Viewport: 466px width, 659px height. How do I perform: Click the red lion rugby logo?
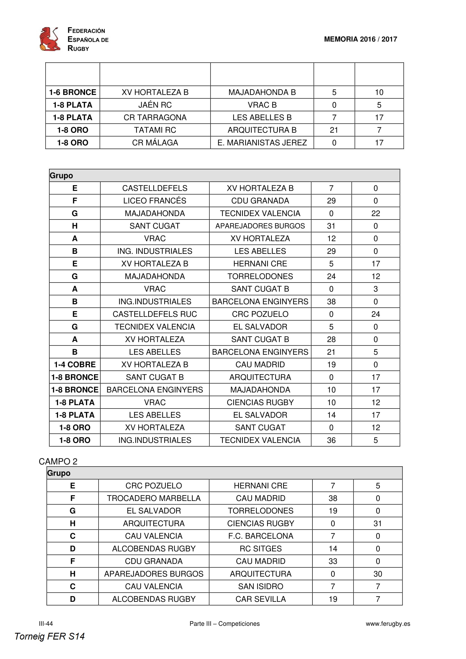pyautogui.click(x=50, y=39)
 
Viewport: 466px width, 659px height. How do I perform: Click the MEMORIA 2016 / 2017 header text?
pyautogui.click(x=360, y=39)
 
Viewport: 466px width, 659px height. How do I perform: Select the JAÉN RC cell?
pyautogui.click(x=155, y=105)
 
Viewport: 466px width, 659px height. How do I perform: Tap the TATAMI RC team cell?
pyautogui.click(x=155, y=130)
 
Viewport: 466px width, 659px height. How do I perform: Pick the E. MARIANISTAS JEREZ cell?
pyautogui.click(x=262, y=143)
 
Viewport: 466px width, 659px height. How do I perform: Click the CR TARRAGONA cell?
pyautogui.click(x=155, y=117)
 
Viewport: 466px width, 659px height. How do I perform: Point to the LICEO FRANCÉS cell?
pyautogui.click(x=155, y=201)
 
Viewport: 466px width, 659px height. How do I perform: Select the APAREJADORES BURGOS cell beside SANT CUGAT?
pyautogui.click(x=260, y=226)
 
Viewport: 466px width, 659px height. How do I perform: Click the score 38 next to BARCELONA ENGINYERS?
pyautogui.click(x=331, y=302)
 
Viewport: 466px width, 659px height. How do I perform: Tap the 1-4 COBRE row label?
pyautogui.click(x=75, y=365)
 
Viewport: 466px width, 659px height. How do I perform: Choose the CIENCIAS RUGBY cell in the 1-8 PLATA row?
pyautogui.click(x=260, y=402)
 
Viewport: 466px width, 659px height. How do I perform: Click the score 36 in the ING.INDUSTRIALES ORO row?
pyautogui.click(x=331, y=440)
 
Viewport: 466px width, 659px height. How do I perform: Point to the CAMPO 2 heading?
pyautogui.click(x=58, y=461)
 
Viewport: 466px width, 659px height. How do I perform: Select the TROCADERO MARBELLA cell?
pyautogui.click(x=154, y=498)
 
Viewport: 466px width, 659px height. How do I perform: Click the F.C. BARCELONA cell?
pyautogui.click(x=261, y=536)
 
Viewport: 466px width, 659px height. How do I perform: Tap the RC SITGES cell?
pyautogui.click(x=261, y=549)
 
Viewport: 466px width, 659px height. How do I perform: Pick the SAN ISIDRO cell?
pyautogui.click(x=261, y=586)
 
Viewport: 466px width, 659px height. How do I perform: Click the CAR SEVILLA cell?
pyautogui.click(x=261, y=599)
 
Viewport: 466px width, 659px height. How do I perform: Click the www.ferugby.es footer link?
pyautogui.click(x=388, y=624)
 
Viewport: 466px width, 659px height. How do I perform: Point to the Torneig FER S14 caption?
pyautogui.click(x=50, y=636)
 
